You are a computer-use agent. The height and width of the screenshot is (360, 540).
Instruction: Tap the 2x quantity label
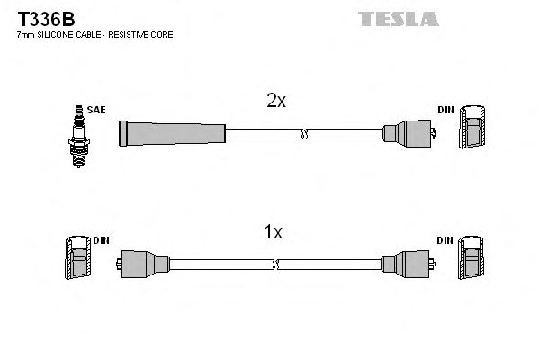coord(276,102)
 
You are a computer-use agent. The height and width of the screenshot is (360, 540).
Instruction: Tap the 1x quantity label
coord(273,233)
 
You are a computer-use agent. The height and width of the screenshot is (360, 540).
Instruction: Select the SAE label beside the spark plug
coord(97,110)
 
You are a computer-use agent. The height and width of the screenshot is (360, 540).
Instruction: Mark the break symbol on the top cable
coord(306,135)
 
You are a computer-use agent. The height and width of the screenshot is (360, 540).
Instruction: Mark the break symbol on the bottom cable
coord(274,265)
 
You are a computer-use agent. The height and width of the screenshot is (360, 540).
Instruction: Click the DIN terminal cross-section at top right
coord(472,130)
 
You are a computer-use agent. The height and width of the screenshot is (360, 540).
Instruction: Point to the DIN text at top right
coord(446,110)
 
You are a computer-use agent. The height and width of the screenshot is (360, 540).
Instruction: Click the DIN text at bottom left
coord(101,240)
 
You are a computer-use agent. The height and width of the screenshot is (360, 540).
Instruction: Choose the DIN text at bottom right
coord(446,240)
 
